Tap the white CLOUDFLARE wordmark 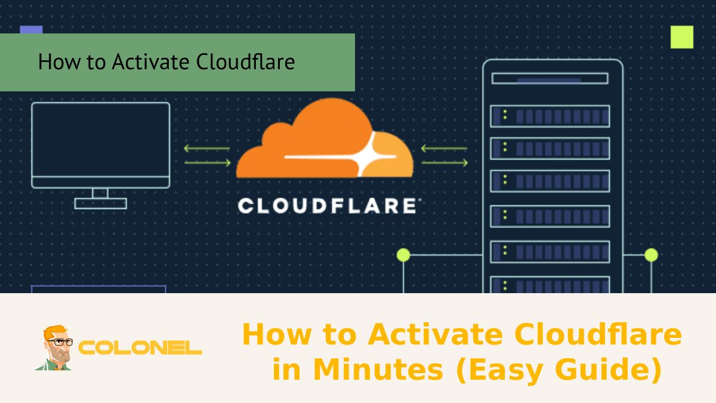coord(327,206)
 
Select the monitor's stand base coord(100,204)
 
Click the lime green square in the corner coord(681,37)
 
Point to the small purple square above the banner coord(31,29)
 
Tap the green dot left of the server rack coord(404,255)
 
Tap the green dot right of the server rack coord(651,255)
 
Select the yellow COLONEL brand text coord(140,348)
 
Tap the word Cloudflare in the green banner coord(245,62)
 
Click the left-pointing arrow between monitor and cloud coord(206,148)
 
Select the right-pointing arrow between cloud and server coord(445,162)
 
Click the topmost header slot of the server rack coord(550,78)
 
